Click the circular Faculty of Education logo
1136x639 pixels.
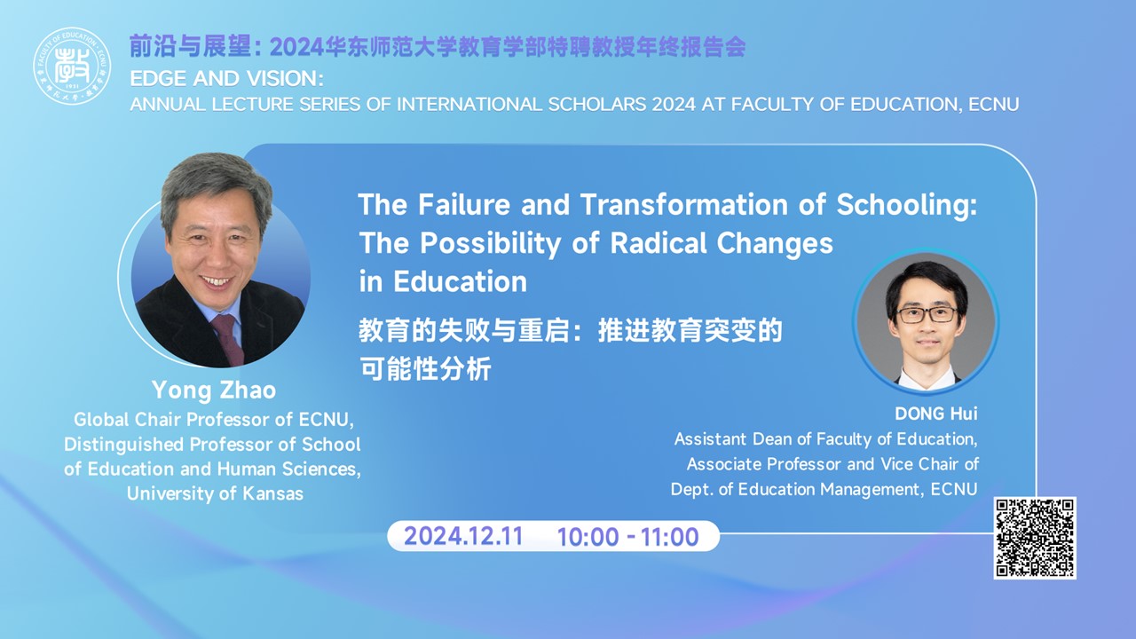click(72, 66)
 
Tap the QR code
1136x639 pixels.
click(1035, 538)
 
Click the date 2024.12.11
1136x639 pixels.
click(463, 536)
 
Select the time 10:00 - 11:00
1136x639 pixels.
click(627, 537)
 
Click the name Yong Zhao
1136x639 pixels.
click(214, 390)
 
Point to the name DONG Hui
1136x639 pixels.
click(935, 414)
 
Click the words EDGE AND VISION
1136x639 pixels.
click(226, 79)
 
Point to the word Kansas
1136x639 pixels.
click(272, 493)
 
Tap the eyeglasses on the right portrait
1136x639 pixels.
click(927, 314)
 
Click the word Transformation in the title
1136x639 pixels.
click(684, 204)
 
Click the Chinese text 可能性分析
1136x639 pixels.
click(425, 368)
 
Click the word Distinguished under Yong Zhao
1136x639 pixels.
click(123, 445)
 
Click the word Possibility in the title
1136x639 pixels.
click(491, 244)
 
